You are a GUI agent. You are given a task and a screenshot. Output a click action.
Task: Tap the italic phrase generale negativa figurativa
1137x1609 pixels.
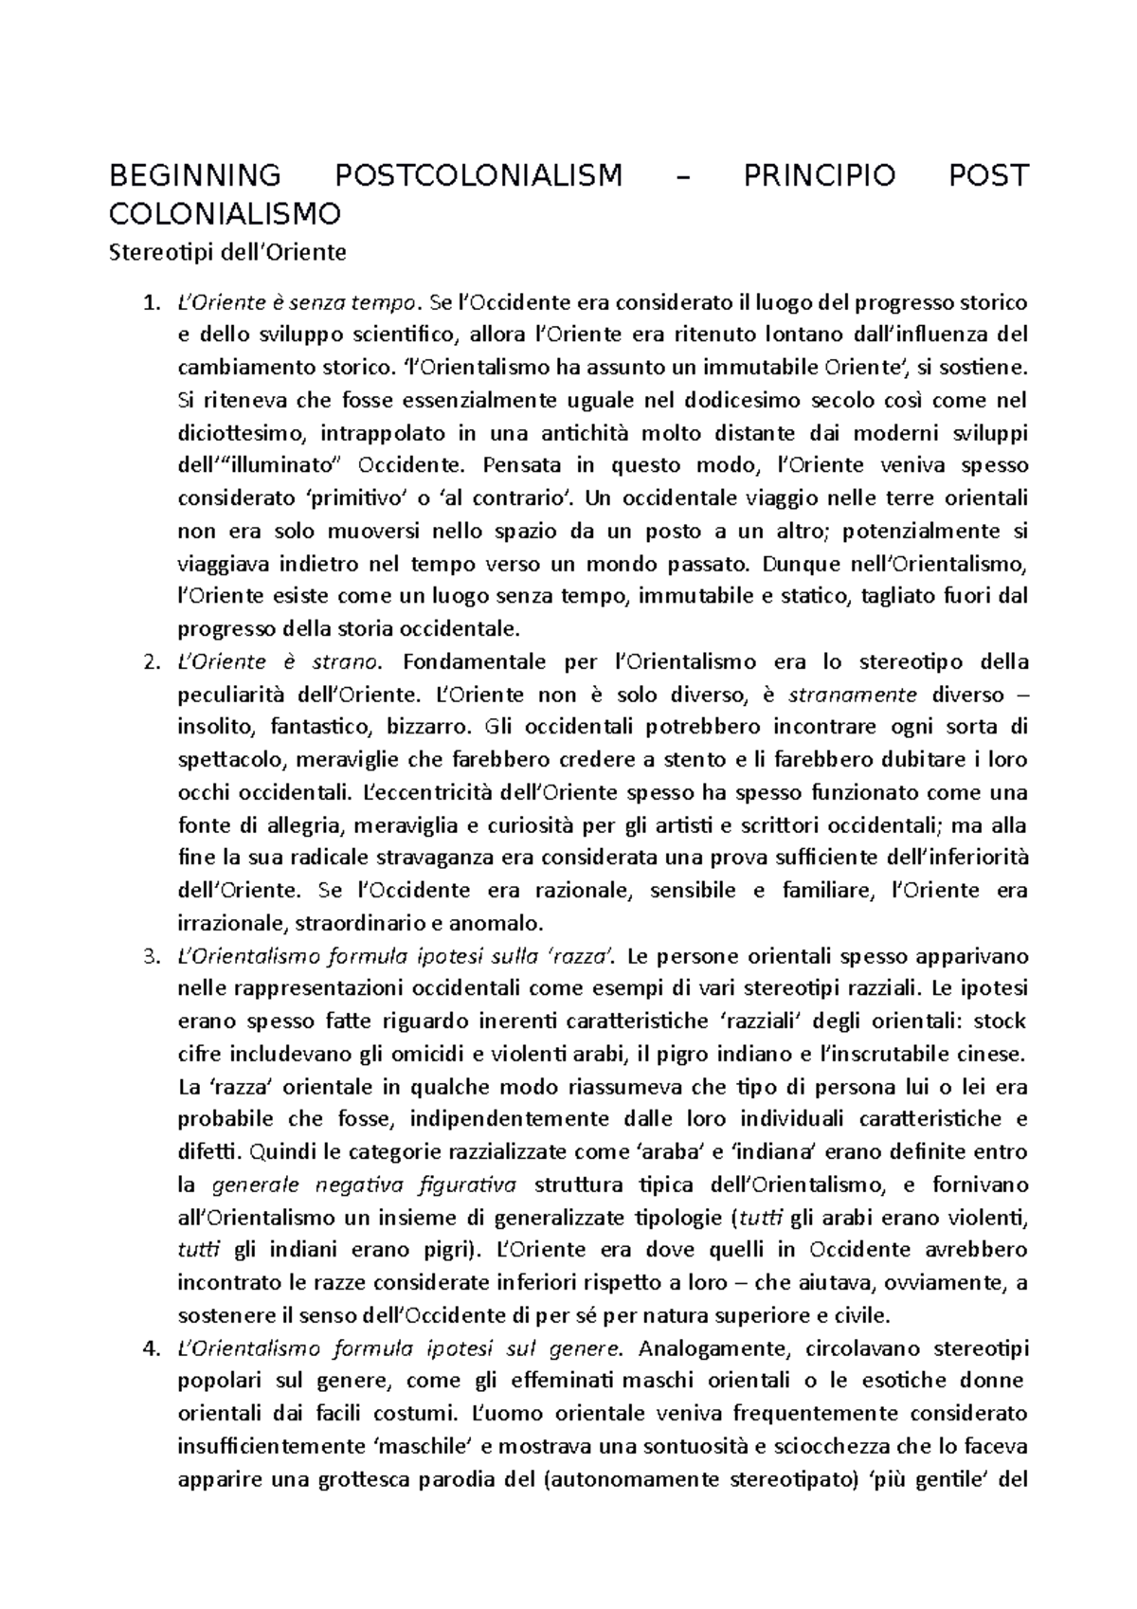click(x=362, y=1184)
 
